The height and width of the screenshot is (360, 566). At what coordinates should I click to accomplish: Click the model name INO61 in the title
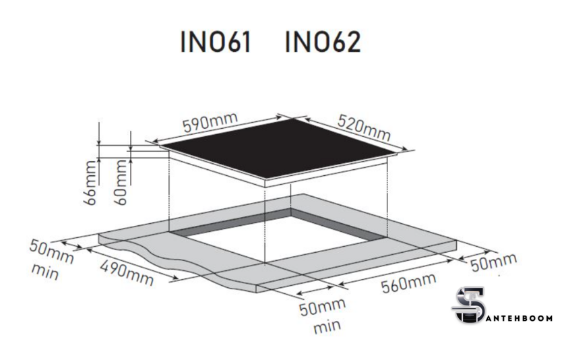216,42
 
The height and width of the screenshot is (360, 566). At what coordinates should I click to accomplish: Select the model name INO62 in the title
323,42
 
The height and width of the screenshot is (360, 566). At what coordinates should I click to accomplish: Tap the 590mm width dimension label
210,122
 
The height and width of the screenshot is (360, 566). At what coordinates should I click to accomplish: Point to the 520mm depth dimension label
364,128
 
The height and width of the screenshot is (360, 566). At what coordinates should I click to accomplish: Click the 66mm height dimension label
90,183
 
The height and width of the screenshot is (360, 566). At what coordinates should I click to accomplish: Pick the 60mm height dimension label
121,183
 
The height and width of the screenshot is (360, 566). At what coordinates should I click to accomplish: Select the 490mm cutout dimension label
127,273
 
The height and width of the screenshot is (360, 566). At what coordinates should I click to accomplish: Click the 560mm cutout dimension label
408,282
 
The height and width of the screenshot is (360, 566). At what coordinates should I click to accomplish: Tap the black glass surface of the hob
278,148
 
